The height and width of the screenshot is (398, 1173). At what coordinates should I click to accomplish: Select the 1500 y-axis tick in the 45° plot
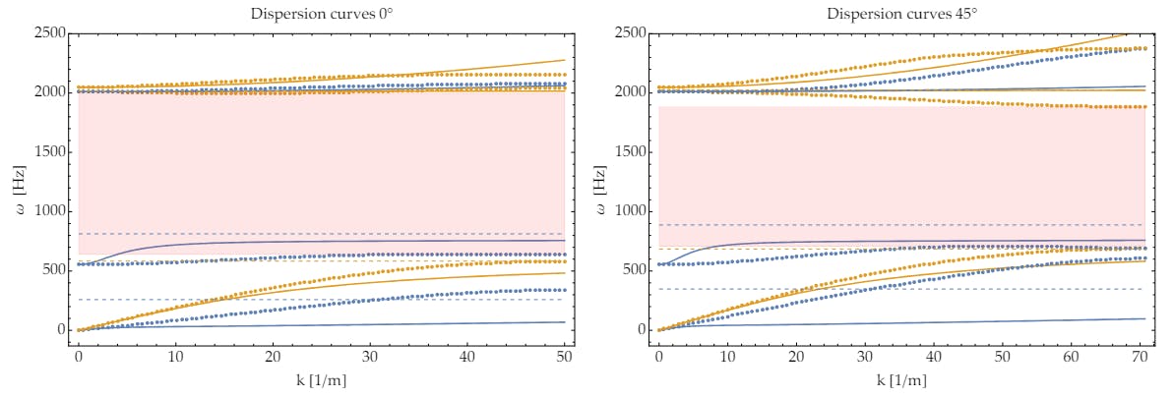631,152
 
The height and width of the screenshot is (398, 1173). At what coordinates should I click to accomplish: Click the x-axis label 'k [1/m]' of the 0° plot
323,378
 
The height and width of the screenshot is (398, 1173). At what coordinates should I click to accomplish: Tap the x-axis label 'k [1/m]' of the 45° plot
902,378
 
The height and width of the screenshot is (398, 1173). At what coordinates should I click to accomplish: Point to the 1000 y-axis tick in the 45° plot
631,211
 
